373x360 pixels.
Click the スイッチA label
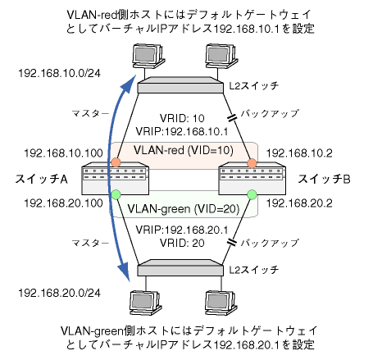tap(41, 180)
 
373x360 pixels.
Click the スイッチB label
tap(324, 180)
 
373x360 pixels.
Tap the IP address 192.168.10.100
tap(63, 153)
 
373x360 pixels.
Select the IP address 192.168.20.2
tap(299, 203)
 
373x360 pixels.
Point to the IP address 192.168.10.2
tap(299, 153)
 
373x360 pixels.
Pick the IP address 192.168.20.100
tap(63, 203)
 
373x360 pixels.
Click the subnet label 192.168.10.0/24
tap(59, 73)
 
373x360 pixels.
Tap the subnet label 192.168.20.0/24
tap(59, 293)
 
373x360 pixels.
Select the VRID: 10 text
tap(182, 118)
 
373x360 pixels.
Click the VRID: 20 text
tap(182, 243)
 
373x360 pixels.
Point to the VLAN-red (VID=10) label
tap(184, 150)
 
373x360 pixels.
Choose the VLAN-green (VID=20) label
tap(184, 209)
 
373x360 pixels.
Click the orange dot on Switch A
tap(116, 162)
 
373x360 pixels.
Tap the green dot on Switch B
tap(252, 194)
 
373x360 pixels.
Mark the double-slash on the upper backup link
tap(232, 117)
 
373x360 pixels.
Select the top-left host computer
tap(148, 56)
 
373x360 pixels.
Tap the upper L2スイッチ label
tap(253, 86)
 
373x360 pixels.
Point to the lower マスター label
tap(90, 243)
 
